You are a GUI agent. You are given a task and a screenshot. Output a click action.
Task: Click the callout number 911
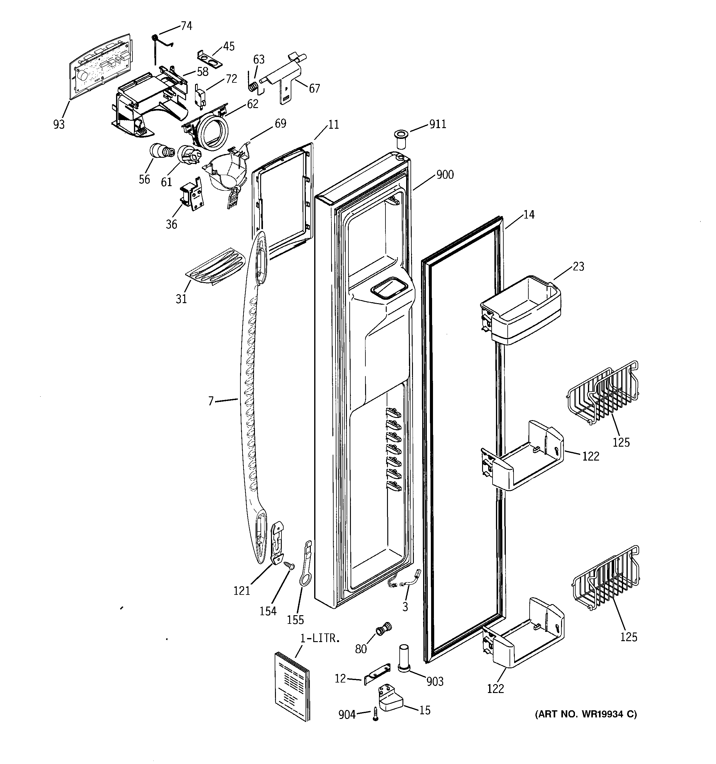coord(437,124)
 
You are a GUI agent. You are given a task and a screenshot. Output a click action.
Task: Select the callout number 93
coord(59,124)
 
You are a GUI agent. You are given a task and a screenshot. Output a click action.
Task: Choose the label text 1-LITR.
coord(320,638)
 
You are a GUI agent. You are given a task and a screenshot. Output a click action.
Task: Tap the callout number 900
coord(445,175)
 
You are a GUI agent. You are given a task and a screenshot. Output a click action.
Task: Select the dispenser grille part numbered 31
coord(216,266)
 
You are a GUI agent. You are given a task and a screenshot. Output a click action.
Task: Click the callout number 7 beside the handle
coord(210,401)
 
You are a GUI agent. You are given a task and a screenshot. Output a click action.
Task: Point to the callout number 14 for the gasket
coord(529,215)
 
